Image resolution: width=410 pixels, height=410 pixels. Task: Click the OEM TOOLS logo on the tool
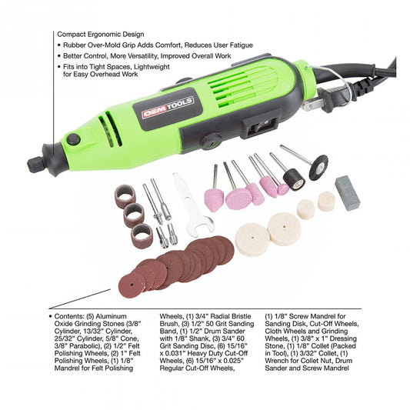click(x=168, y=107)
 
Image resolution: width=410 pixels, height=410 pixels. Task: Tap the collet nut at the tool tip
click(x=35, y=165)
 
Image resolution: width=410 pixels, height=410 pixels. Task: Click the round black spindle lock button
click(x=73, y=139)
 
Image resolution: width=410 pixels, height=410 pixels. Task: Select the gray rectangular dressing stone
click(x=348, y=193)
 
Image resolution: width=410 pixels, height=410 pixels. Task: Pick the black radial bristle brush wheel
click(x=318, y=168)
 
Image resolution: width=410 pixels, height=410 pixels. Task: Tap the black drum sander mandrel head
click(x=294, y=179)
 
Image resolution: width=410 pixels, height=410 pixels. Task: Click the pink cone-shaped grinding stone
click(x=214, y=200)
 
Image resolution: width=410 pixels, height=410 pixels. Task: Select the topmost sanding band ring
click(x=125, y=196)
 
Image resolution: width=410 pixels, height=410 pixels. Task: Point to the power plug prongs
click(x=312, y=104)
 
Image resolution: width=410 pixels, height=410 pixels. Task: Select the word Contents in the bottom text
click(x=66, y=316)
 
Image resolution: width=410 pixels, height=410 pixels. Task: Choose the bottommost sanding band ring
click(x=142, y=236)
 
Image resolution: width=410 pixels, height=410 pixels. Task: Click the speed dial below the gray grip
click(x=211, y=142)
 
